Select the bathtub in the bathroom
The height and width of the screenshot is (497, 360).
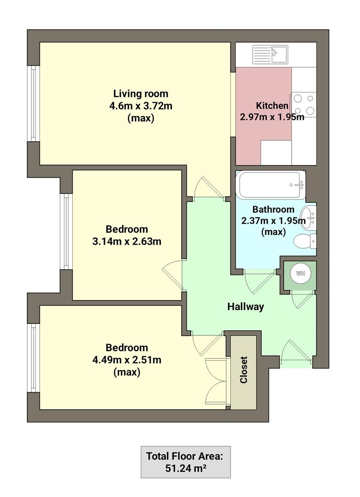pos(270,185)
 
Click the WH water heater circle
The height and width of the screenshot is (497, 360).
pos(300,273)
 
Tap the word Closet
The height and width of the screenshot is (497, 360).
pos(243,370)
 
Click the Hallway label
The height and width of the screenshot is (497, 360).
pos(246,306)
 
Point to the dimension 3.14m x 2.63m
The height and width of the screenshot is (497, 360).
pos(127,241)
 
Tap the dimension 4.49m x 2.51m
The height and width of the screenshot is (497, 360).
pos(127,359)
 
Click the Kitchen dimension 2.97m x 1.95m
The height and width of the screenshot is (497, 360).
pos(272,116)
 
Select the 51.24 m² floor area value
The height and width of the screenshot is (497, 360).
pos(185,469)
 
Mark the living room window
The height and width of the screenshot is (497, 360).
pos(33,103)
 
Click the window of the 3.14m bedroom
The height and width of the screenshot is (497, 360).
pos(66,231)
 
